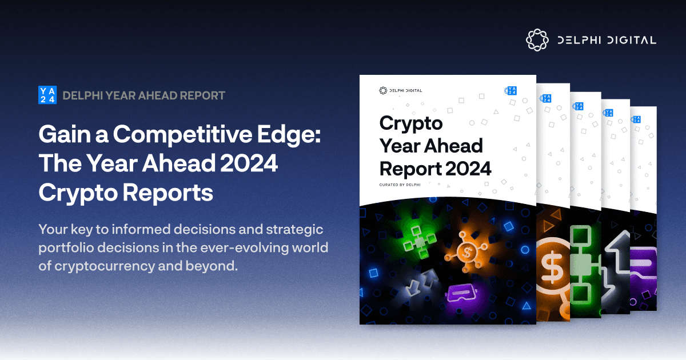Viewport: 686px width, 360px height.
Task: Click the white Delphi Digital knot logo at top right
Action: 537,40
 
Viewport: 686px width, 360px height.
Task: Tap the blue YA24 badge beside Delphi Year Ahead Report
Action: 47,95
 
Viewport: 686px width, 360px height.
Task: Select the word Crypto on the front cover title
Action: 410,123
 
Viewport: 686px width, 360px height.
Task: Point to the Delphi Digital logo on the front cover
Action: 401,90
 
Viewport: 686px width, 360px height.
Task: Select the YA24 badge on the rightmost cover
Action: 636,119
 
